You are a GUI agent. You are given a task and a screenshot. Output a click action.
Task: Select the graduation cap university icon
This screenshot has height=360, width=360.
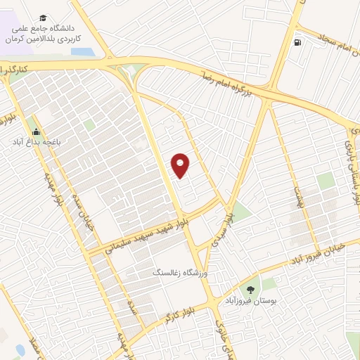[44, 18]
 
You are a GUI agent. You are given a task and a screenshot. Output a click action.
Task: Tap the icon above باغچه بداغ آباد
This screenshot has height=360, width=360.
[36, 131]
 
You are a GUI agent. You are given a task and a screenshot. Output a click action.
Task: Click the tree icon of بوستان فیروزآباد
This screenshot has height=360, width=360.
[250, 290]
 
